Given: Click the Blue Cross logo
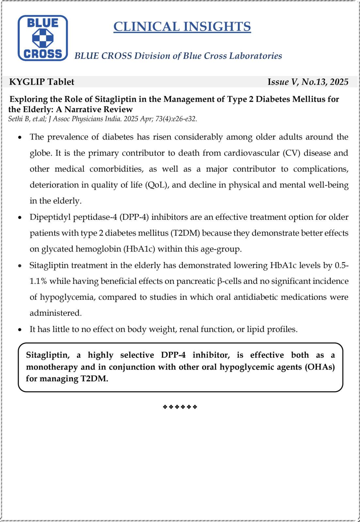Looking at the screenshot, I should point(43,38).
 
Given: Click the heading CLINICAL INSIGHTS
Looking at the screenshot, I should point(182,27).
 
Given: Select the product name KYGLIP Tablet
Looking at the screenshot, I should point(42,82).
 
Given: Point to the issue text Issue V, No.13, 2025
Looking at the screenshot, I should point(308,82).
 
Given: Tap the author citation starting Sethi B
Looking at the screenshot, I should point(102,119).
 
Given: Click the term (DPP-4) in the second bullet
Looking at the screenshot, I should point(136,217).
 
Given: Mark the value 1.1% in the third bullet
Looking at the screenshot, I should point(38,281).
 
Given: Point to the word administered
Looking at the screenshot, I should point(55,313).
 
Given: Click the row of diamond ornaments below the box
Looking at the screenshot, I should point(180,407).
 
